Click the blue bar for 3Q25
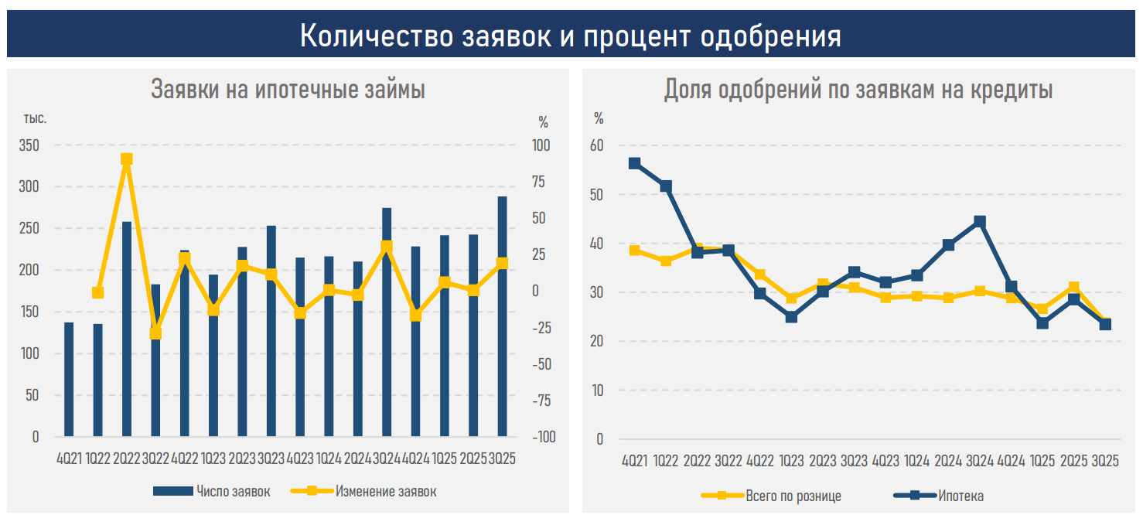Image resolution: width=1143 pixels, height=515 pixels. [x=503, y=317]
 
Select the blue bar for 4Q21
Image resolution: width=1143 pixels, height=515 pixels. [x=69, y=379]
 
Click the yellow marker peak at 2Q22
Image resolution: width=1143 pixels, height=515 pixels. [x=127, y=159]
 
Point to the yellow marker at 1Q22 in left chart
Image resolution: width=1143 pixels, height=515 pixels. [x=98, y=293]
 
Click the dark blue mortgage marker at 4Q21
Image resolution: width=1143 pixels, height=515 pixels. [x=634, y=163]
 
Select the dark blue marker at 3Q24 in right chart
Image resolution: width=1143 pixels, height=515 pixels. [x=980, y=222]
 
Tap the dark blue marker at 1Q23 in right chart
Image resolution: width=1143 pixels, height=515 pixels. [x=791, y=317]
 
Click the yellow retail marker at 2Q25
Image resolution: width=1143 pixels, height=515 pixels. [x=1073, y=288]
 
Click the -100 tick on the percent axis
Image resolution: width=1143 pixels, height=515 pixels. [x=542, y=437]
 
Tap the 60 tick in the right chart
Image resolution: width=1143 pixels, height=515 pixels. [x=596, y=145]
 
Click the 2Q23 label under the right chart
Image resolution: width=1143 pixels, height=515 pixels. [x=822, y=462]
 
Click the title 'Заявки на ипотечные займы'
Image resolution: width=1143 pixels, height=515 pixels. [x=288, y=90]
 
